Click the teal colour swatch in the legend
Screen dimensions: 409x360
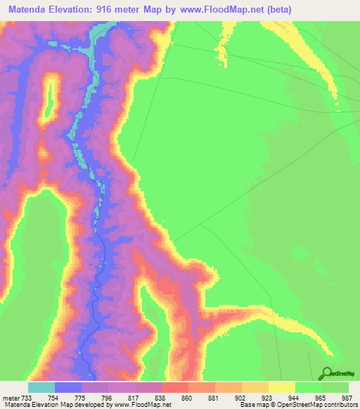click(41, 387)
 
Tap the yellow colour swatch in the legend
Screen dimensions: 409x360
click(282, 387)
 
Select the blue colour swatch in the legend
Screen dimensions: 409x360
click(68, 387)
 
